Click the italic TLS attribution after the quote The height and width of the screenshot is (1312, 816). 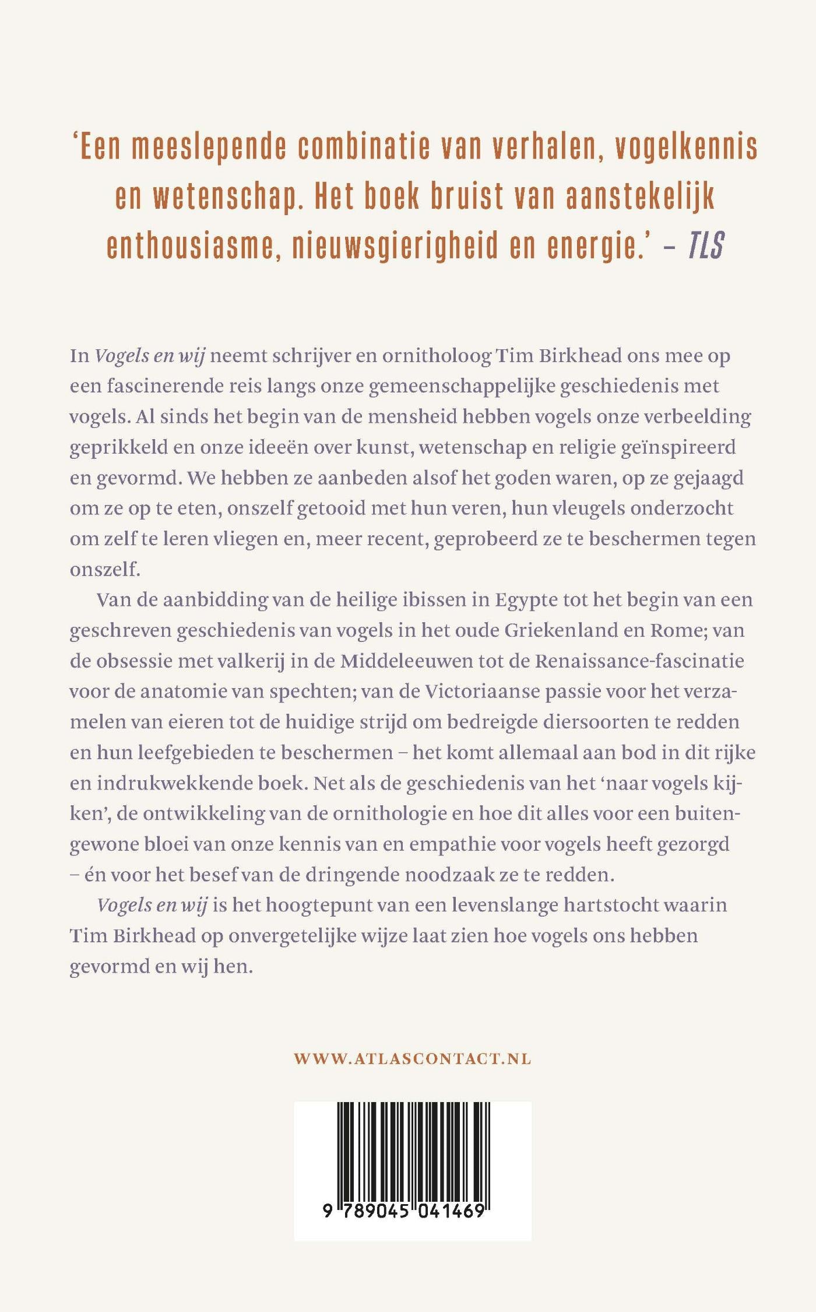(706, 245)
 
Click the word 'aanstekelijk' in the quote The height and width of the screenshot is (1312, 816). (640, 197)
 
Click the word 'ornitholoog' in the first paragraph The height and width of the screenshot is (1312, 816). (437, 356)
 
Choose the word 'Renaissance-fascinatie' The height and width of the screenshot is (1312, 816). (639, 661)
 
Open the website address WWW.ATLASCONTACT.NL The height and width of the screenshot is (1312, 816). (412, 1058)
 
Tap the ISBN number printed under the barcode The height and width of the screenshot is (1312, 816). (404, 1211)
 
